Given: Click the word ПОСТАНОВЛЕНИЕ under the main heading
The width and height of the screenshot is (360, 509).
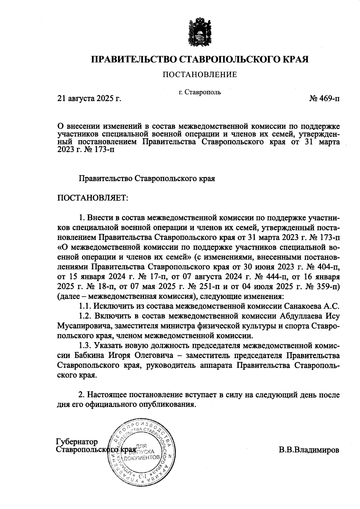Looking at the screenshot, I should pos(199,75).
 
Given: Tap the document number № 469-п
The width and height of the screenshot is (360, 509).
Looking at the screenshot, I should pos(324,98).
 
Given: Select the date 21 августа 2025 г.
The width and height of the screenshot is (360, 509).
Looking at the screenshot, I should pos(89,98).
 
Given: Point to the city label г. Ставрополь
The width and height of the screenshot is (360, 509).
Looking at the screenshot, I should pos(199,92).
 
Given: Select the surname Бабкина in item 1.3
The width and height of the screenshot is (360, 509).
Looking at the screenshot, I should pos(88,356).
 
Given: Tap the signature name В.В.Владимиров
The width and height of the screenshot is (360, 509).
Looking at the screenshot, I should pos(309,450).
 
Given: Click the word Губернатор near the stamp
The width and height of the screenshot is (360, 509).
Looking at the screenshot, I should pos(77,442).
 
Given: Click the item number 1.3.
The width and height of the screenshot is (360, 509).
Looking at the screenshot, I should pos(85,346).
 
